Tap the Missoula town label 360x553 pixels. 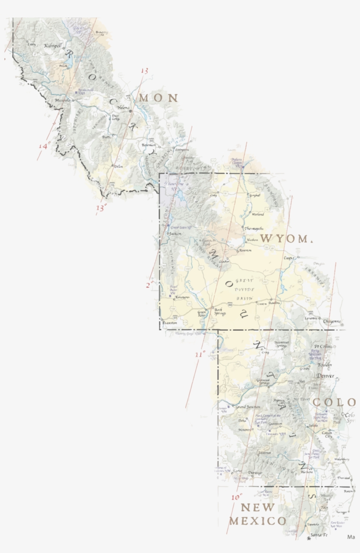(x=63, y=101)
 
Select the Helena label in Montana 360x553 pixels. (x=123, y=108)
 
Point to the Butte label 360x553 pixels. (x=107, y=137)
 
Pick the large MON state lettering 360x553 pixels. (x=158, y=98)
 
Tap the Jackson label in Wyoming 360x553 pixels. (x=175, y=234)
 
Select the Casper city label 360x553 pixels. (x=288, y=258)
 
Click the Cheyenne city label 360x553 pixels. (x=331, y=322)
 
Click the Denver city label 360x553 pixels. (x=325, y=376)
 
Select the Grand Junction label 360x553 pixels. (x=248, y=407)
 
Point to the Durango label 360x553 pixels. (x=255, y=473)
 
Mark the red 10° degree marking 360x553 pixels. (x=236, y=497)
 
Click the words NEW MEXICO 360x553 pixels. (x=258, y=514)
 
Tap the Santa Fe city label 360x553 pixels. (x=319, y=535)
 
